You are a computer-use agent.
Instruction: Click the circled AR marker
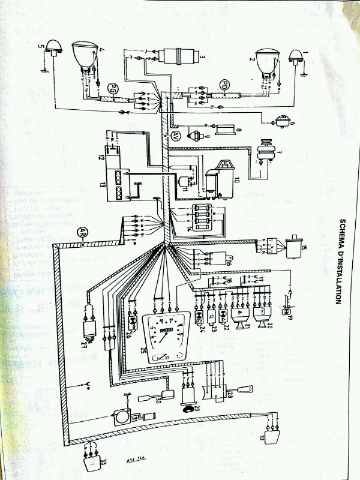tap(82, 231)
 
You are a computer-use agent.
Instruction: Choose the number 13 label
tap(102, 183)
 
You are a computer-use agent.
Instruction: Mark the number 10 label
tap(237, 181)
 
